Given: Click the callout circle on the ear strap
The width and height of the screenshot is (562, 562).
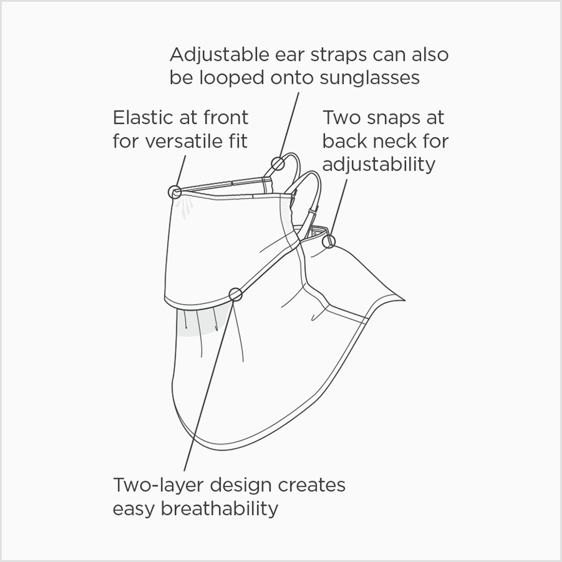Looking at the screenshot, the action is click(278, 164).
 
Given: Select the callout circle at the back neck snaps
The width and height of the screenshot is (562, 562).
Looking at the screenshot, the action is click(330, 241).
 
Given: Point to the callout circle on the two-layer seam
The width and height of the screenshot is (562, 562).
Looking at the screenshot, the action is click(236, 295).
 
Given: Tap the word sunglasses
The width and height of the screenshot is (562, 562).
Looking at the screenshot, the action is click(370, 78).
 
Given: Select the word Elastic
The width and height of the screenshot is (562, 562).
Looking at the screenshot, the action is click(142, 118).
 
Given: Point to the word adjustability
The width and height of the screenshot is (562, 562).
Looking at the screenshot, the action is click(379, 164).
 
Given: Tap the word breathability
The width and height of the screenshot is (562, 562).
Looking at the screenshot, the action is click(220, 508).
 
